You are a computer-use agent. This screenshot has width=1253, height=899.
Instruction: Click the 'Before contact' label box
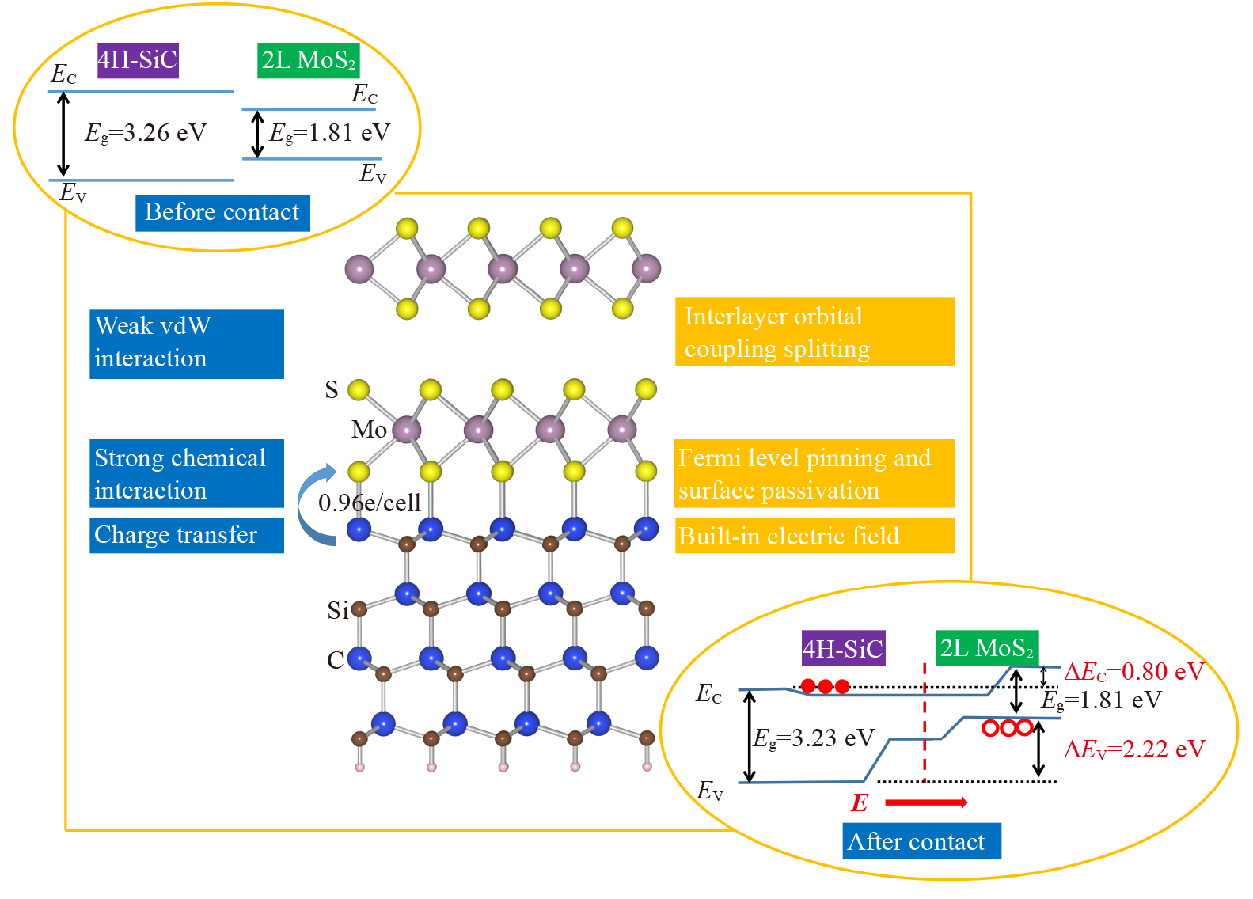click(222, 214)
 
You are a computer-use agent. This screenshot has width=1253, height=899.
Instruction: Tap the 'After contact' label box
click(921, 840)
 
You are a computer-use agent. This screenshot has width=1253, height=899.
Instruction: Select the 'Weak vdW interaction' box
click(186, 343)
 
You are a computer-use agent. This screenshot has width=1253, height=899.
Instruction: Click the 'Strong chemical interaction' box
click(186, 473)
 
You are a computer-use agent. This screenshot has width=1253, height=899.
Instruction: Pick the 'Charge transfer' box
click(186, 535)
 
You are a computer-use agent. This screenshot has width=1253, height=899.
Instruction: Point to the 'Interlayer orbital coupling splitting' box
click(814, 332)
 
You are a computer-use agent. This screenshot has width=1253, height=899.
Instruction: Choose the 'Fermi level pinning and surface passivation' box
click(814, 473)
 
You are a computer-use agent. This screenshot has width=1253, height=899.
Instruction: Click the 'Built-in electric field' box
click(814, 536)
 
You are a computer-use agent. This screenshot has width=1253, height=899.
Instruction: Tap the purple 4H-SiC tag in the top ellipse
click(138, 60)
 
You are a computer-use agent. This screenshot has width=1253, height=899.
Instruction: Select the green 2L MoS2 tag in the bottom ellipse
click(986, 648)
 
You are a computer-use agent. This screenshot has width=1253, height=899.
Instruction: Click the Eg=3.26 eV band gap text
click(146, 133)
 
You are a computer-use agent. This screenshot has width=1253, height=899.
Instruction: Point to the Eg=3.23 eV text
click(813, 738)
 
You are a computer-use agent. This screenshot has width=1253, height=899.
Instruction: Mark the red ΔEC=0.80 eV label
click(1133, 672)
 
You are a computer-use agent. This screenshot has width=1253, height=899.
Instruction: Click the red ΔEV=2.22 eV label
click(1133, 749)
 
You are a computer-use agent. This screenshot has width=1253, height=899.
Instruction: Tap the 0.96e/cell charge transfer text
click(369, 503)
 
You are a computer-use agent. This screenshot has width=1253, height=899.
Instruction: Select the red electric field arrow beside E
click(925, 802)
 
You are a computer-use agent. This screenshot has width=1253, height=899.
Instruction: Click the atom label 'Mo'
click(369, 430)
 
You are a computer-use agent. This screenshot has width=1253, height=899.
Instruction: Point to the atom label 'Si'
click(338, 610)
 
